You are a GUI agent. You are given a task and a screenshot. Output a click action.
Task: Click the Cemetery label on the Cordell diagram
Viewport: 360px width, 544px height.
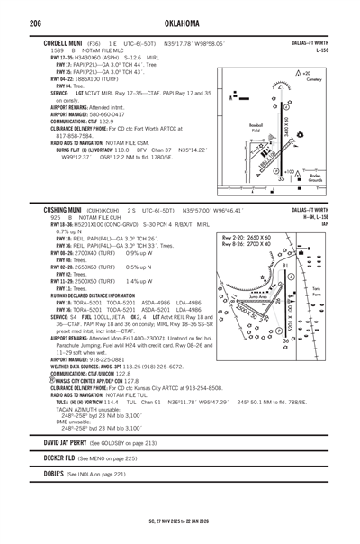(x=313, y=80)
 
